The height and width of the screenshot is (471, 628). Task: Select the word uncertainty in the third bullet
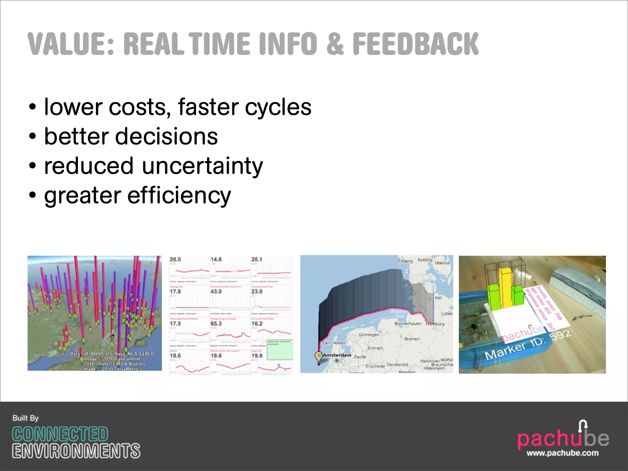tap(202, 166)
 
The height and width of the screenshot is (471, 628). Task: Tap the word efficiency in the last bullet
tap(179, 195)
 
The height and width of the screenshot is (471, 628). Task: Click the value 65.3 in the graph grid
tap(216, 324)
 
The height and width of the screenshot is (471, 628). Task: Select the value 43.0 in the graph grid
tap(216, 291)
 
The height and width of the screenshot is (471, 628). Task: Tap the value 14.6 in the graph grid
tap(216, 259)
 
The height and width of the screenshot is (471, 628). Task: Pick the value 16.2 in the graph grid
tap(257, 324)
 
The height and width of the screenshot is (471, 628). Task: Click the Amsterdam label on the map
tap(337, 355)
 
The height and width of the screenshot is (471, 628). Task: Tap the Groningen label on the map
tap(369, 335)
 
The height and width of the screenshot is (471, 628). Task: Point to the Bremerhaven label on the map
tap(408, 324)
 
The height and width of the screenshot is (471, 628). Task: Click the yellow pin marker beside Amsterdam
tap(319, 356)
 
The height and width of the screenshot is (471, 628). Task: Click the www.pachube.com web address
tap(562, 453)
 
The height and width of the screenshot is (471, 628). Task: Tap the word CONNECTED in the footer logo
tap(60, 434)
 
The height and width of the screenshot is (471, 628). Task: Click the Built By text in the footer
tap(25, 418)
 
